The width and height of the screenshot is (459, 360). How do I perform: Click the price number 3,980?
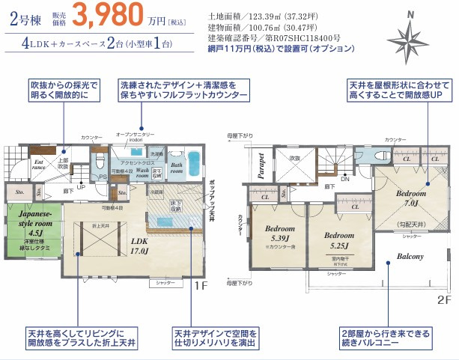click(118, 15)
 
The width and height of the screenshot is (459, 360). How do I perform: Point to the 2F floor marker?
click(444, 298)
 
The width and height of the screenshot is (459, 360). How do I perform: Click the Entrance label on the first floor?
click(38, 165)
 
